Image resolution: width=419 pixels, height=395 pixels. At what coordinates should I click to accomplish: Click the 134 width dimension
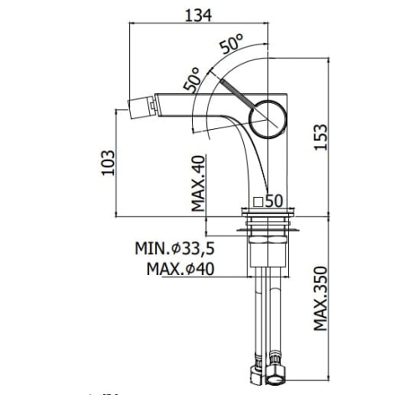[199, 15]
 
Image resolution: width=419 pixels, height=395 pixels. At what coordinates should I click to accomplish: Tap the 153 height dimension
[320, 137]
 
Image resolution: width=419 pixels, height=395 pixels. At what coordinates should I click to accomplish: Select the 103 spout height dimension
[108, 163]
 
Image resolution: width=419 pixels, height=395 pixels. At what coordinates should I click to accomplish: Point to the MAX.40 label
[199, 184]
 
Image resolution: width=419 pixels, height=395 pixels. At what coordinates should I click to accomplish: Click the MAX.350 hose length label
[320, 299]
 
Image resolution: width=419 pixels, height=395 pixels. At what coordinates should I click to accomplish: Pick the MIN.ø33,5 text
[174, 248]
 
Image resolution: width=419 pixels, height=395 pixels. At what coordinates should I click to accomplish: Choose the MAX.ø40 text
[180, 269]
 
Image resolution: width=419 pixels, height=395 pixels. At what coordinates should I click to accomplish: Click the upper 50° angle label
[231, 44]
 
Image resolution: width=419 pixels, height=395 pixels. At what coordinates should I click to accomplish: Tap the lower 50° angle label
[193, 80]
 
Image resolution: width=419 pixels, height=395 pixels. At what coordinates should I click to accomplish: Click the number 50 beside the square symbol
[274, 201]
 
